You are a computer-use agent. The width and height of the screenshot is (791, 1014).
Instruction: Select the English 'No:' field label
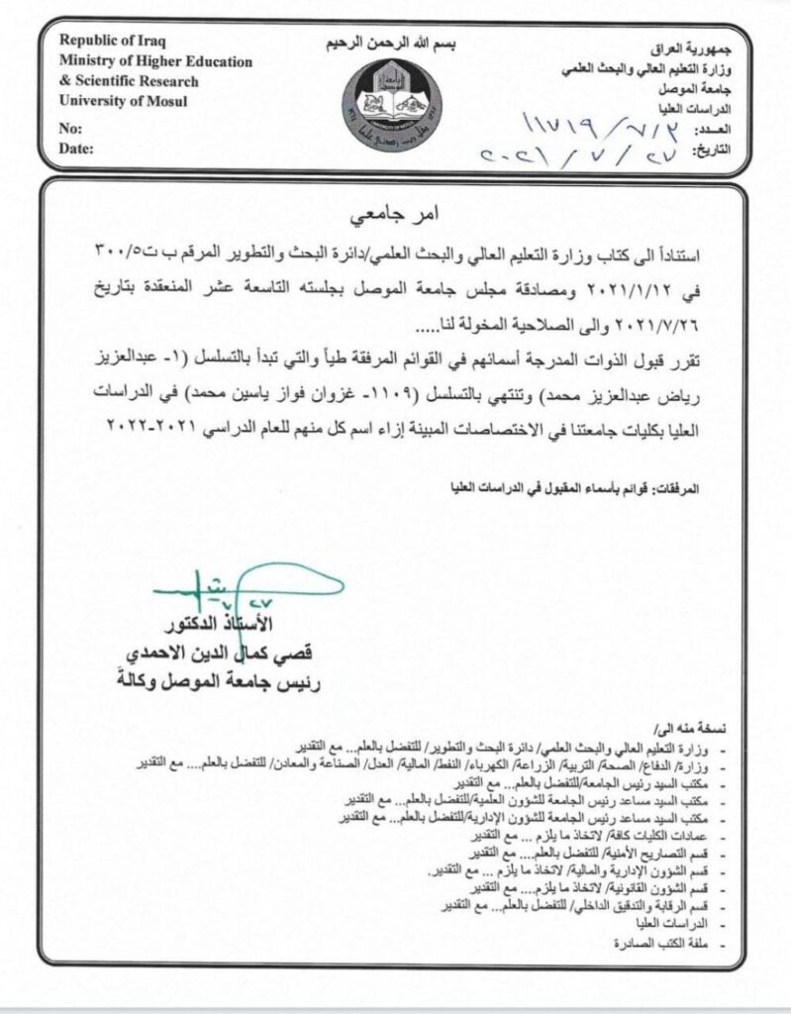(x=70, y=130)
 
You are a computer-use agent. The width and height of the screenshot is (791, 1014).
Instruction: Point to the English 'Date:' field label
(x=76, y=149)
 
